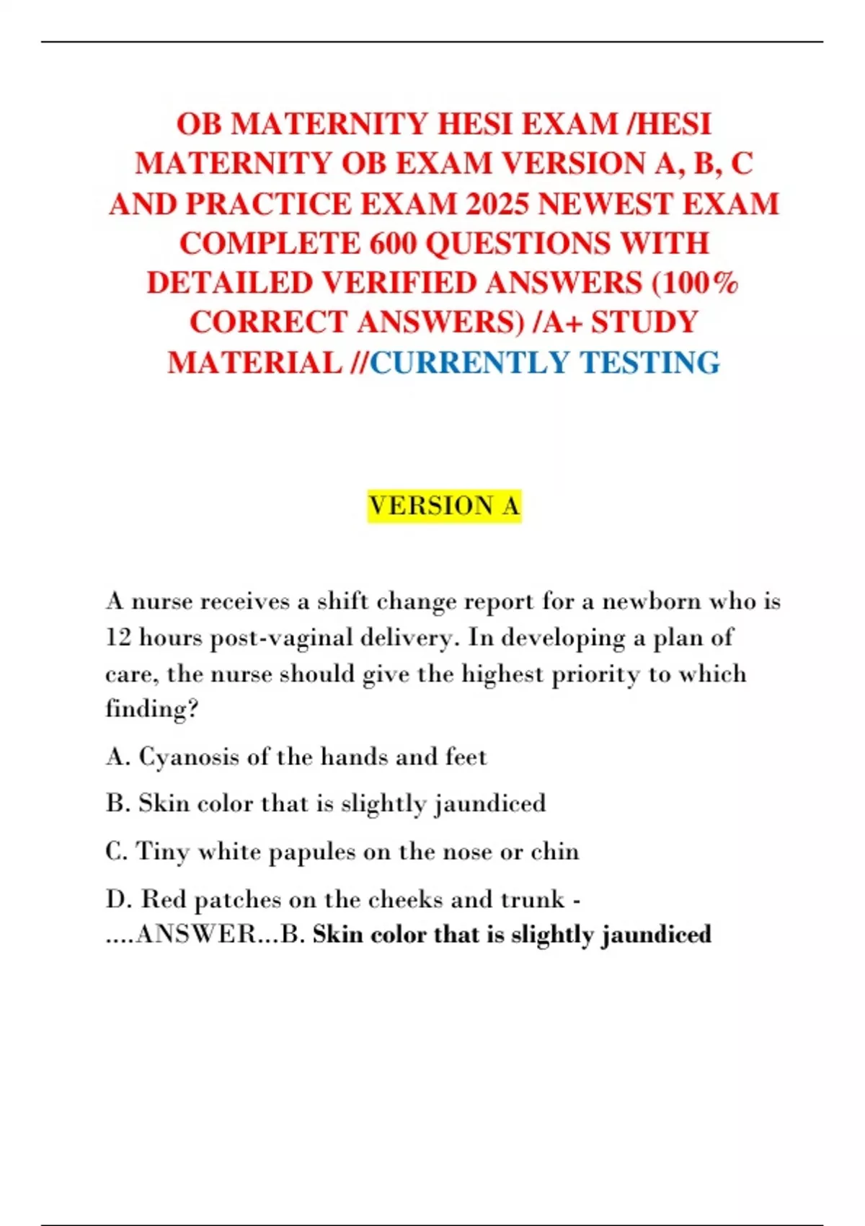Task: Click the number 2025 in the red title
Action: pyautogui.click(x=497, y=204)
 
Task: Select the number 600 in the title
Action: pyautogui.click(x=394, y=244)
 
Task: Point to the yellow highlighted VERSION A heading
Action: pyautogui.click(x=444, y=506)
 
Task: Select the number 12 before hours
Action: pyautogui.click(x=117, y=638)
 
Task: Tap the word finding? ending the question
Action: pyautogui.click(x=151, y=709)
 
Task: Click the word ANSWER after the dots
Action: pyautogui.click(x=196, y=935)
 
